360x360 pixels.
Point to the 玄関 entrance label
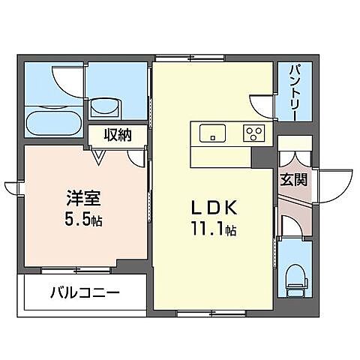[x=292, y=179]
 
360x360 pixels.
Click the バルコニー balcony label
[x=84, y=292]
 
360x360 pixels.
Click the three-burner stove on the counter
[x=253, y=133]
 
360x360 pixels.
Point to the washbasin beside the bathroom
[x=104, y=108]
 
